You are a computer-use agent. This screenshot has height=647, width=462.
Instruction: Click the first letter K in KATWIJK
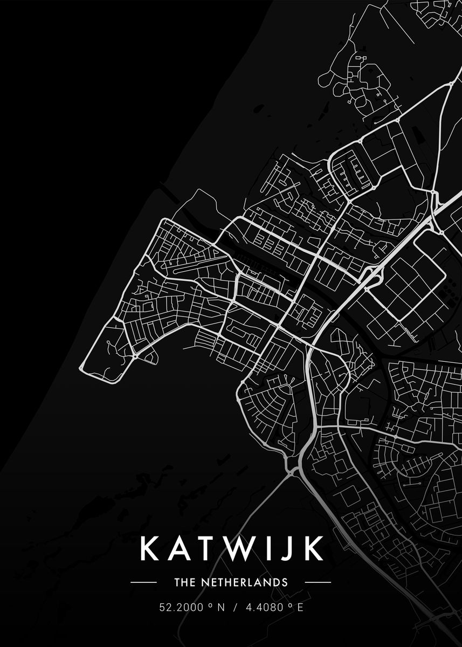150,548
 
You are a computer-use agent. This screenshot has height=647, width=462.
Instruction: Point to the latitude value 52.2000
181,607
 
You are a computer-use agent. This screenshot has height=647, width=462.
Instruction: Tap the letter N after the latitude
220,607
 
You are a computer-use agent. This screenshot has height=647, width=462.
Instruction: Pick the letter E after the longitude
300,607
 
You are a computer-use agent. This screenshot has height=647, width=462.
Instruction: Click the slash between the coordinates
235,607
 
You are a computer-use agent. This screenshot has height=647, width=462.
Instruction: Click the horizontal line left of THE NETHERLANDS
143,582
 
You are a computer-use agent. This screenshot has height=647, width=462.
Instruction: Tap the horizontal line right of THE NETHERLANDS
318,582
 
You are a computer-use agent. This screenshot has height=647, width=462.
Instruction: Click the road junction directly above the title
292,470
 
